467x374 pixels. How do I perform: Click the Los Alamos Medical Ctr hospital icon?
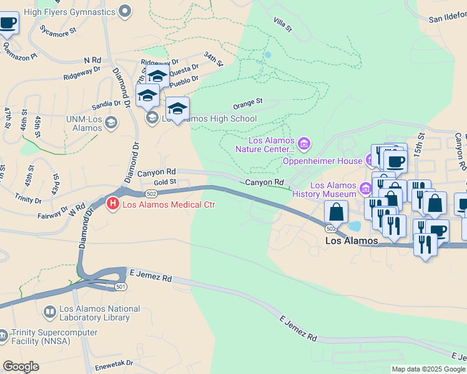click(113, 203)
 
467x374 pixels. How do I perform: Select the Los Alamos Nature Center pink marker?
click(304, 145)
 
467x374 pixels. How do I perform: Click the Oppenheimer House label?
click(323, 161)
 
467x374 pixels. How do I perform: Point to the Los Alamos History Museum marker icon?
click(365, 186)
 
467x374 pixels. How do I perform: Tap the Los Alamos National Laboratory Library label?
click(100, 313)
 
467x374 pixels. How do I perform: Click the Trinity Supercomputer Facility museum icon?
click(3, 337)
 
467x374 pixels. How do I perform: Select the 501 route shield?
click(121, 286)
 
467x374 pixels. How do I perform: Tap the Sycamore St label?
click(57, 29)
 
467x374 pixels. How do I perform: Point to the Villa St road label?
click(282, 24)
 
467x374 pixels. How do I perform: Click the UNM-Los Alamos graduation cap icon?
click(112, 122)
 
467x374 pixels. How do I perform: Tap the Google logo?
click(21, 367)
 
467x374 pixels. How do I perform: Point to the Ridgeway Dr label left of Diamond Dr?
click(82, 74)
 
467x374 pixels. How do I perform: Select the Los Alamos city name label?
click(352, 241)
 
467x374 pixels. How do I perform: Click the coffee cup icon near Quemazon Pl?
click(7, 23)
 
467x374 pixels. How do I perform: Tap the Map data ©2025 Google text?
click(428, 369)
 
